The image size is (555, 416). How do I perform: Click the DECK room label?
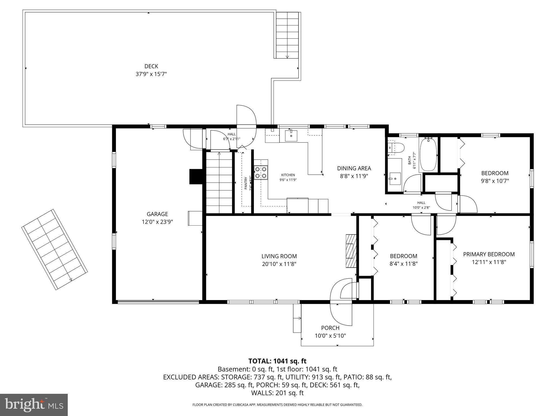(x=151, y=66)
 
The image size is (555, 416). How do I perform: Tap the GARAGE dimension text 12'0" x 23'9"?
(x=157, y=222)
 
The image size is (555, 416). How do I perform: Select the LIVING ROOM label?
(x=279, y=256)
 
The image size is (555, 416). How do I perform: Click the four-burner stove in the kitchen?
(x=261, y=173)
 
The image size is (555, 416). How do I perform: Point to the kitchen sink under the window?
(x=291, y=135)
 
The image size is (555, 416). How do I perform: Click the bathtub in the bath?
(x=428, y=155)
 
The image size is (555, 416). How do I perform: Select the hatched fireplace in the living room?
(x=351, y=251)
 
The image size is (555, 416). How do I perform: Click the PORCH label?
(x=330, y=328)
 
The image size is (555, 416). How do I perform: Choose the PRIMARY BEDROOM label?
(x=489, y=254)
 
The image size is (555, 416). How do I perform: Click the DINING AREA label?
(x=354, y=168)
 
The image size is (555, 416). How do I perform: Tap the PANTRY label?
(x=246, y=183)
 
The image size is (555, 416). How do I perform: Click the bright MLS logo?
(x=34, y=405)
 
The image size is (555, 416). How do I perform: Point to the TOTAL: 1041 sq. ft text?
(x=277, y=361)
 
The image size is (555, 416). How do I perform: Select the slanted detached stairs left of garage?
(x=54, y=249)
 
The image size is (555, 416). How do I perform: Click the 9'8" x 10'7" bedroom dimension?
(x=495, y=181)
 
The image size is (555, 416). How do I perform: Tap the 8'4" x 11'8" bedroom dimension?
(x=403, y=264)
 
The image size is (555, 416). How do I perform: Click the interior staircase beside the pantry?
(x=219, y=183)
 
